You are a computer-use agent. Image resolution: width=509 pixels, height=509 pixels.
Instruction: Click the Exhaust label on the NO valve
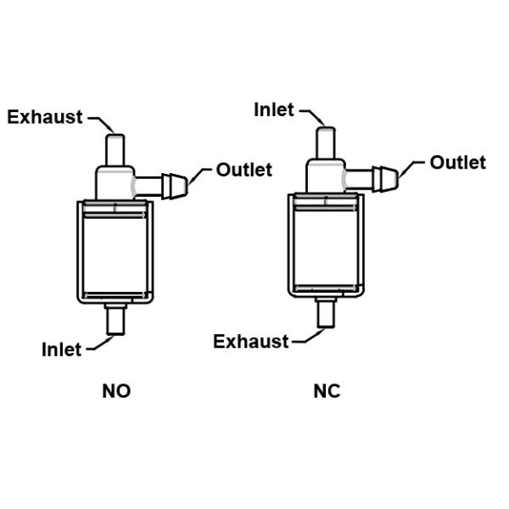click(45, 117)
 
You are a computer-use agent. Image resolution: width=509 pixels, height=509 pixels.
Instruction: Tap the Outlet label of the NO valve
click(244, 170)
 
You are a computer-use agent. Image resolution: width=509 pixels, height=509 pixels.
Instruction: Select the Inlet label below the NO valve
click(62, 349)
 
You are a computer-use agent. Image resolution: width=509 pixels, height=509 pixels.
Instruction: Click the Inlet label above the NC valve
click(274, 109)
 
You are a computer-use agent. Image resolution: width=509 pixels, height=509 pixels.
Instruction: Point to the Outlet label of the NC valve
click(458, 162)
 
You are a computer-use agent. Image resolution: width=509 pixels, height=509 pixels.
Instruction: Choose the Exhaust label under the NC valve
click(251, 341)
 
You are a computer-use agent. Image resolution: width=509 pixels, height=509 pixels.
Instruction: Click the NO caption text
click(116, 391)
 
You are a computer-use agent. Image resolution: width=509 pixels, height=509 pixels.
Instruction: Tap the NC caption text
click(327, 391)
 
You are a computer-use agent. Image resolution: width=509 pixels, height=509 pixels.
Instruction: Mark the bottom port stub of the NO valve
click(115, 321)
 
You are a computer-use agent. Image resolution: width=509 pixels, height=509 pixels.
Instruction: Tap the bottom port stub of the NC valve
click(327, 313)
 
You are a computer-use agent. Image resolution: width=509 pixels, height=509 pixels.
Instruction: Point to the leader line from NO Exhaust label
click(101, 120)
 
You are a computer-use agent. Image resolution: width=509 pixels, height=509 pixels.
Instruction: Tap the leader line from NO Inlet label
click(98, 344)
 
